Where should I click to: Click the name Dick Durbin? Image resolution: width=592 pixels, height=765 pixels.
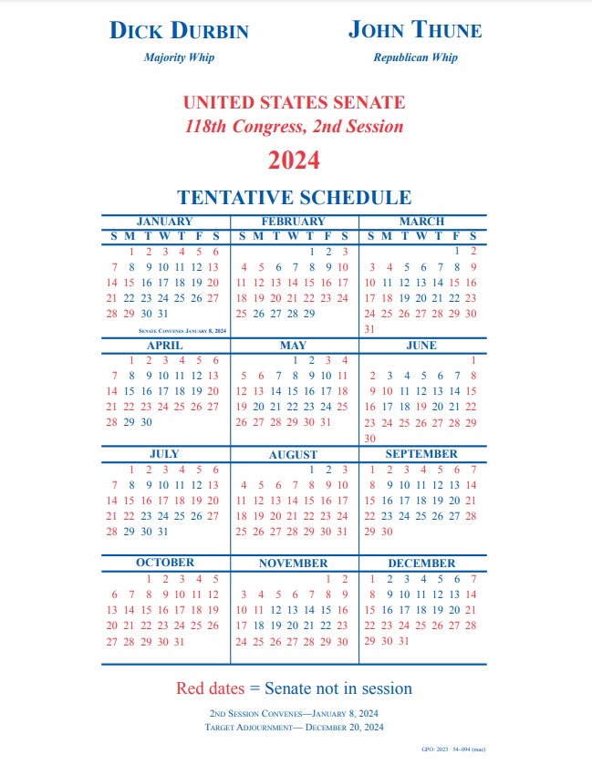[x=179, y=30]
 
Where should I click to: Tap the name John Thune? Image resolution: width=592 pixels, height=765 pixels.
[x=415, y=30]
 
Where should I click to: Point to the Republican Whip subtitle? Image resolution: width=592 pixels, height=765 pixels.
[x=415, y=57]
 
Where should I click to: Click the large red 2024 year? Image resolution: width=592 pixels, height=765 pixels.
[x=294, y=160]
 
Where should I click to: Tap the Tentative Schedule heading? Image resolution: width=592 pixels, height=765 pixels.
[x=294, y=198]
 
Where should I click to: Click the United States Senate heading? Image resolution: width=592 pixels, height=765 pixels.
[x=294, y=103]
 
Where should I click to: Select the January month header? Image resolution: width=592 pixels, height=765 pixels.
[x=164, y=222]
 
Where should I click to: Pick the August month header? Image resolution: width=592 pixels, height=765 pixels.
[x=293, y=454]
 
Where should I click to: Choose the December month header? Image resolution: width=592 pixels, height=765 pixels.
[x=421, y=563]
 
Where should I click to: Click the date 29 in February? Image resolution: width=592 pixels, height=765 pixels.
[x=309, y=313]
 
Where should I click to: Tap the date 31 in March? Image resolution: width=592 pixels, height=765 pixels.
[x=369, y=328]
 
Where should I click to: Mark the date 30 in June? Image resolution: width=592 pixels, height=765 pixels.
[x=369, y=438]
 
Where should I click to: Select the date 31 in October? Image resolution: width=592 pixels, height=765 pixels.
[x=180, y=641]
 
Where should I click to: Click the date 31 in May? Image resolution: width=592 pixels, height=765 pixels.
[x=326, y=422]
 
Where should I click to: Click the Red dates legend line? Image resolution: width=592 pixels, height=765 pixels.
[x=294, y=688]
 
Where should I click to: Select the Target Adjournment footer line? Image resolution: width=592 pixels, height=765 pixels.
[x=294, y=727]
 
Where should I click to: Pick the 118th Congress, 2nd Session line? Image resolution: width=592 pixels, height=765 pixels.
[x=294, y=127]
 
